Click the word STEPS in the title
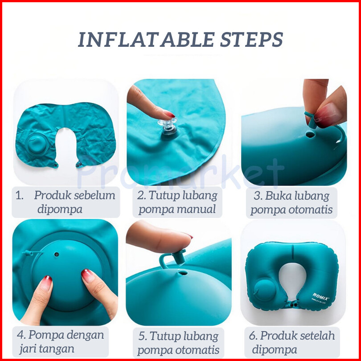[x=251, y=40]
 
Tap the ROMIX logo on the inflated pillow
[x=321, y=296]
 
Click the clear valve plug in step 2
[x=168, y=124]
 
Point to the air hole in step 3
[x=310, y=134]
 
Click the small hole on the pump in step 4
[x=57, y=254]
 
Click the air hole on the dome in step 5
[x=183, y=273]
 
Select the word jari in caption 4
[x=27, y=349]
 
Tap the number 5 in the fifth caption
[x=142, y=336]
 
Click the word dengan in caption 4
[x=85, y=336]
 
